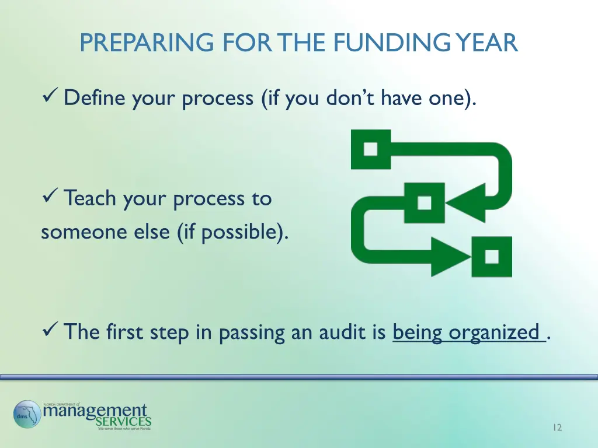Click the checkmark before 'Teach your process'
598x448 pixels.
pyautogui.click(x=50, y=198)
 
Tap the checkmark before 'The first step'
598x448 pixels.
pyautogui.click(x=50, y=332)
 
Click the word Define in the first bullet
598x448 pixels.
pyautogui.click(x=95, y=97)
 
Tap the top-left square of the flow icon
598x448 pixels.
pyautogui.click(x=370, y=149)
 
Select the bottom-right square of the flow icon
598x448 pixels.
pyautogui.click(x=492, y=256)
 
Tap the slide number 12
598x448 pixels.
pyautogui.click(x=557, y=428)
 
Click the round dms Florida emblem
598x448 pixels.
pyautogui.click(x=27, y=415)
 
